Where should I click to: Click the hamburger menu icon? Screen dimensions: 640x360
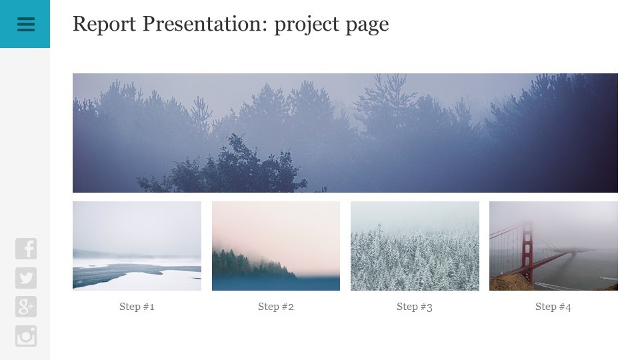point(26,24)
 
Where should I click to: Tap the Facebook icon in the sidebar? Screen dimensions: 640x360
point(26,249)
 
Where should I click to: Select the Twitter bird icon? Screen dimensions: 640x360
point(26,278)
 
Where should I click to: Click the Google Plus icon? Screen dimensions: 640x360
point(26,307)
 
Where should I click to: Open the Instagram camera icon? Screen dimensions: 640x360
point(26,336)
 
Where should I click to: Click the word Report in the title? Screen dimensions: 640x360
point(104,25)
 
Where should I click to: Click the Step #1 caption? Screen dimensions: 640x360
point(137,307)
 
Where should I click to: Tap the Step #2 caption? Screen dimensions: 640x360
point(276,307)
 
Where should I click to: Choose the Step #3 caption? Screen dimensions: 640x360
point(415,307)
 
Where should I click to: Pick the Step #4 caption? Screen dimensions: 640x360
point(553,307)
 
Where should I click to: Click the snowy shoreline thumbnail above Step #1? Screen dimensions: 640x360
point(137,246)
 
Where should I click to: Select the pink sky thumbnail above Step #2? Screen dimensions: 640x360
point(276,246)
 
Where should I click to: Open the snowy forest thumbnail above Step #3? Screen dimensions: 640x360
point(415,246)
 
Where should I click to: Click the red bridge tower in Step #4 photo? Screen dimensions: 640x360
point(527,253)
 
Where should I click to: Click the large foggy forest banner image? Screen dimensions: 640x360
point(345,133)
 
